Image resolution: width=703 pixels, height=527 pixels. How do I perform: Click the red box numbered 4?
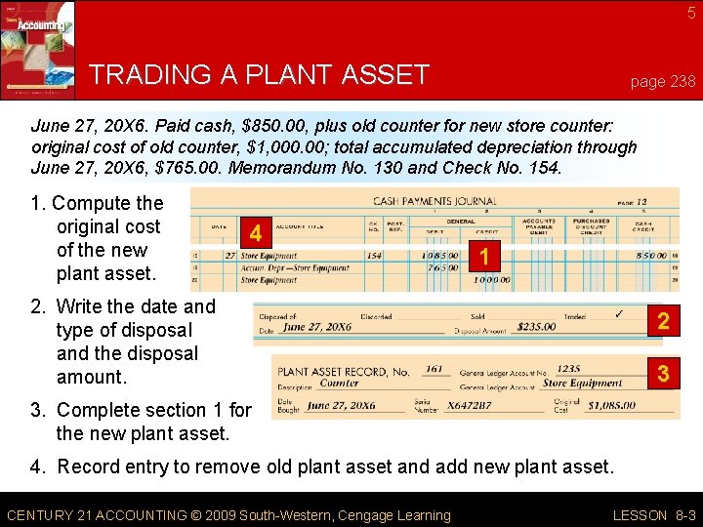click(256, 234)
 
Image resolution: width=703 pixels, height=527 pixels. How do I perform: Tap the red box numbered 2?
click(662, 321)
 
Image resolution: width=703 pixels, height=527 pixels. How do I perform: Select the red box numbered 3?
click(662, 373)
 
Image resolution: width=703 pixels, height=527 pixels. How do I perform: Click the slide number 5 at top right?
click(690, 13)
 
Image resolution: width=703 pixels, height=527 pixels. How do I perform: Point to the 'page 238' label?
click(663, 82)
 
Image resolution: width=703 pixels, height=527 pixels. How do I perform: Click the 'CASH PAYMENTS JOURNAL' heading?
click(434, 201)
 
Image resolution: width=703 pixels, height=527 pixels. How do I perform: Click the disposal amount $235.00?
click(536, 328)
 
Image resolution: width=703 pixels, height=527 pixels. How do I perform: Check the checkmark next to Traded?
click(617, 314)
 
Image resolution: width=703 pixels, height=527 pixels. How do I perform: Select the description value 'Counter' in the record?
click(340, 384)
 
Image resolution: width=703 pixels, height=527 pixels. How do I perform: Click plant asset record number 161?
click(434, 370)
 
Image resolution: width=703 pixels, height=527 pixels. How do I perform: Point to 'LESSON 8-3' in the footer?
click(653, 515)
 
